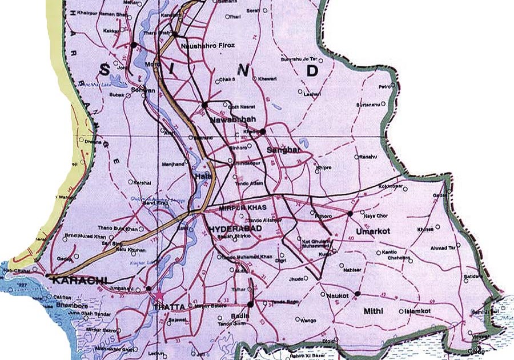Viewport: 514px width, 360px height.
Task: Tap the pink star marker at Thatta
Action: pos(158,295)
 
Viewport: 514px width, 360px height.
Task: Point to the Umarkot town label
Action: pos(371,231)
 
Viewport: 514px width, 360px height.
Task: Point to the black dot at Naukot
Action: pos(357,294)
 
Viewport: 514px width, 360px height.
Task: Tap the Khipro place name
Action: pos(322,168)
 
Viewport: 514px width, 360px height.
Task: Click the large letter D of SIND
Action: pos(312,71)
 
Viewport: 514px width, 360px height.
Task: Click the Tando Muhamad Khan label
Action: pos(246,257)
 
